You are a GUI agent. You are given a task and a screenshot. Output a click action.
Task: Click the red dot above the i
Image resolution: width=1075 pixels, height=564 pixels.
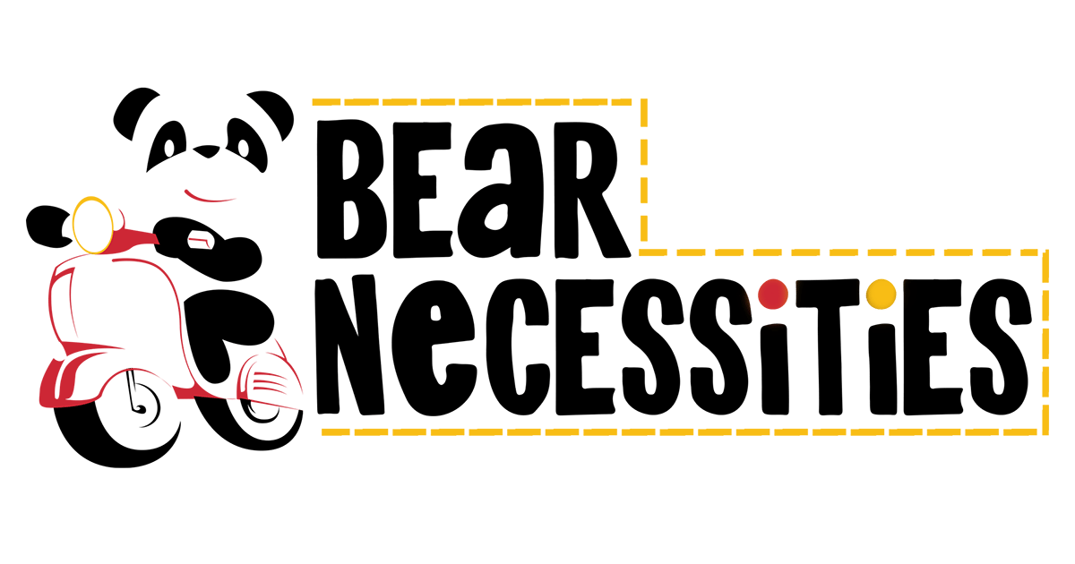(771, 293)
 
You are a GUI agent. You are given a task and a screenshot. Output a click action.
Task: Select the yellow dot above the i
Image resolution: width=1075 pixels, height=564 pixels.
(882, 293)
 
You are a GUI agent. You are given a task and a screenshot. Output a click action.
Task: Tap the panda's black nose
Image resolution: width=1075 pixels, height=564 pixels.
(208, 152)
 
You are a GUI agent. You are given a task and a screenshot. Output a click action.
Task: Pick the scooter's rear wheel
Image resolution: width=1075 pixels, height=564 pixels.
(260, 407)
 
